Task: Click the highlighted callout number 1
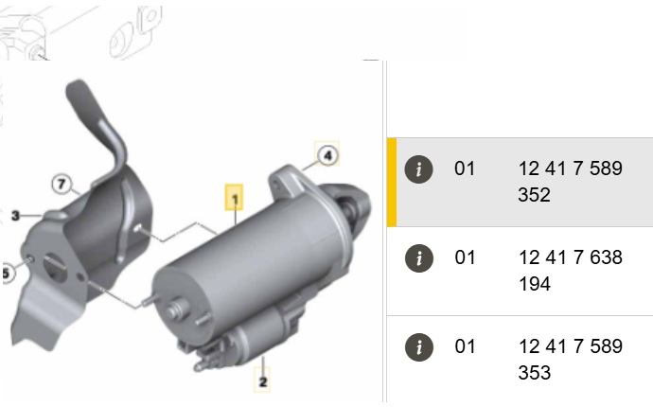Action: tap(235, 198)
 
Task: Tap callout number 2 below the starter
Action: tap(262, 380)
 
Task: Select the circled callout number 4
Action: tap(327, 155)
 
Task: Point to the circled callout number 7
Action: tap(62, 184)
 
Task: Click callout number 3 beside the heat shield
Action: tap(15, 216)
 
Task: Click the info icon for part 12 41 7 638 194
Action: tap(419, 258)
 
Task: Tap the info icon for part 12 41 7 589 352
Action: tap(419, 169)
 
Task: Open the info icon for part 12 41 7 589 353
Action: tap(419, 347)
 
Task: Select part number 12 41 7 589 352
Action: tap(570, 182)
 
